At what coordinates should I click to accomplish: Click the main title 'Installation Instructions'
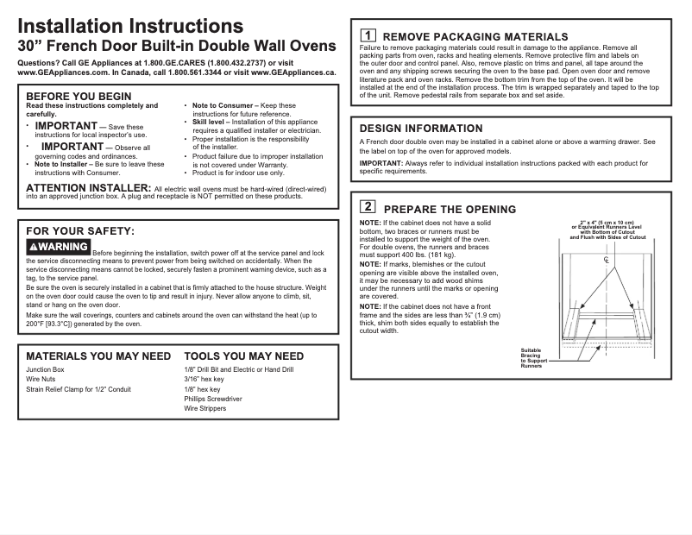tap(130, 26)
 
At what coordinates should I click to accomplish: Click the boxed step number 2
tap(368, 207)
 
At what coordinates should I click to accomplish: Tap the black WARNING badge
tap(58, 248)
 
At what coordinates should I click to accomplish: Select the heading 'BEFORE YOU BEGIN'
tap(79, 96)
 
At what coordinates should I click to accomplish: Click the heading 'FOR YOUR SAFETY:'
tap(80, 231)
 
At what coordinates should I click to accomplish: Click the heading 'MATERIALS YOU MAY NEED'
tap(98, 356)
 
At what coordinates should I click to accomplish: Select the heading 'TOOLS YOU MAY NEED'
tap(244, 356)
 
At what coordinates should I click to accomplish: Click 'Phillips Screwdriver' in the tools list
tap(213, 399)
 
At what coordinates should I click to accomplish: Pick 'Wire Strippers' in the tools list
tap(205, 409)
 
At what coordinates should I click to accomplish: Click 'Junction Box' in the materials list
tap(46, 369)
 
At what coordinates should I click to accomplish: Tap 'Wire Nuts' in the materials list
tap(41, 379)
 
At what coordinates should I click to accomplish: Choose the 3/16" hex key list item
tap(204, 379)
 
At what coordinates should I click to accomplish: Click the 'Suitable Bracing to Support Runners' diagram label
tap(532, 358)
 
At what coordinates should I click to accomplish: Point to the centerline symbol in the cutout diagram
tap(606, 260)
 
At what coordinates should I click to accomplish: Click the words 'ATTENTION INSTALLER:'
tap(89, 187)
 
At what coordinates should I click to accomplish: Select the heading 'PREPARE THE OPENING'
tap(450, 210)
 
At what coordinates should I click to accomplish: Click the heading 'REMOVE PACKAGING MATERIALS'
tap(475, 36)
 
